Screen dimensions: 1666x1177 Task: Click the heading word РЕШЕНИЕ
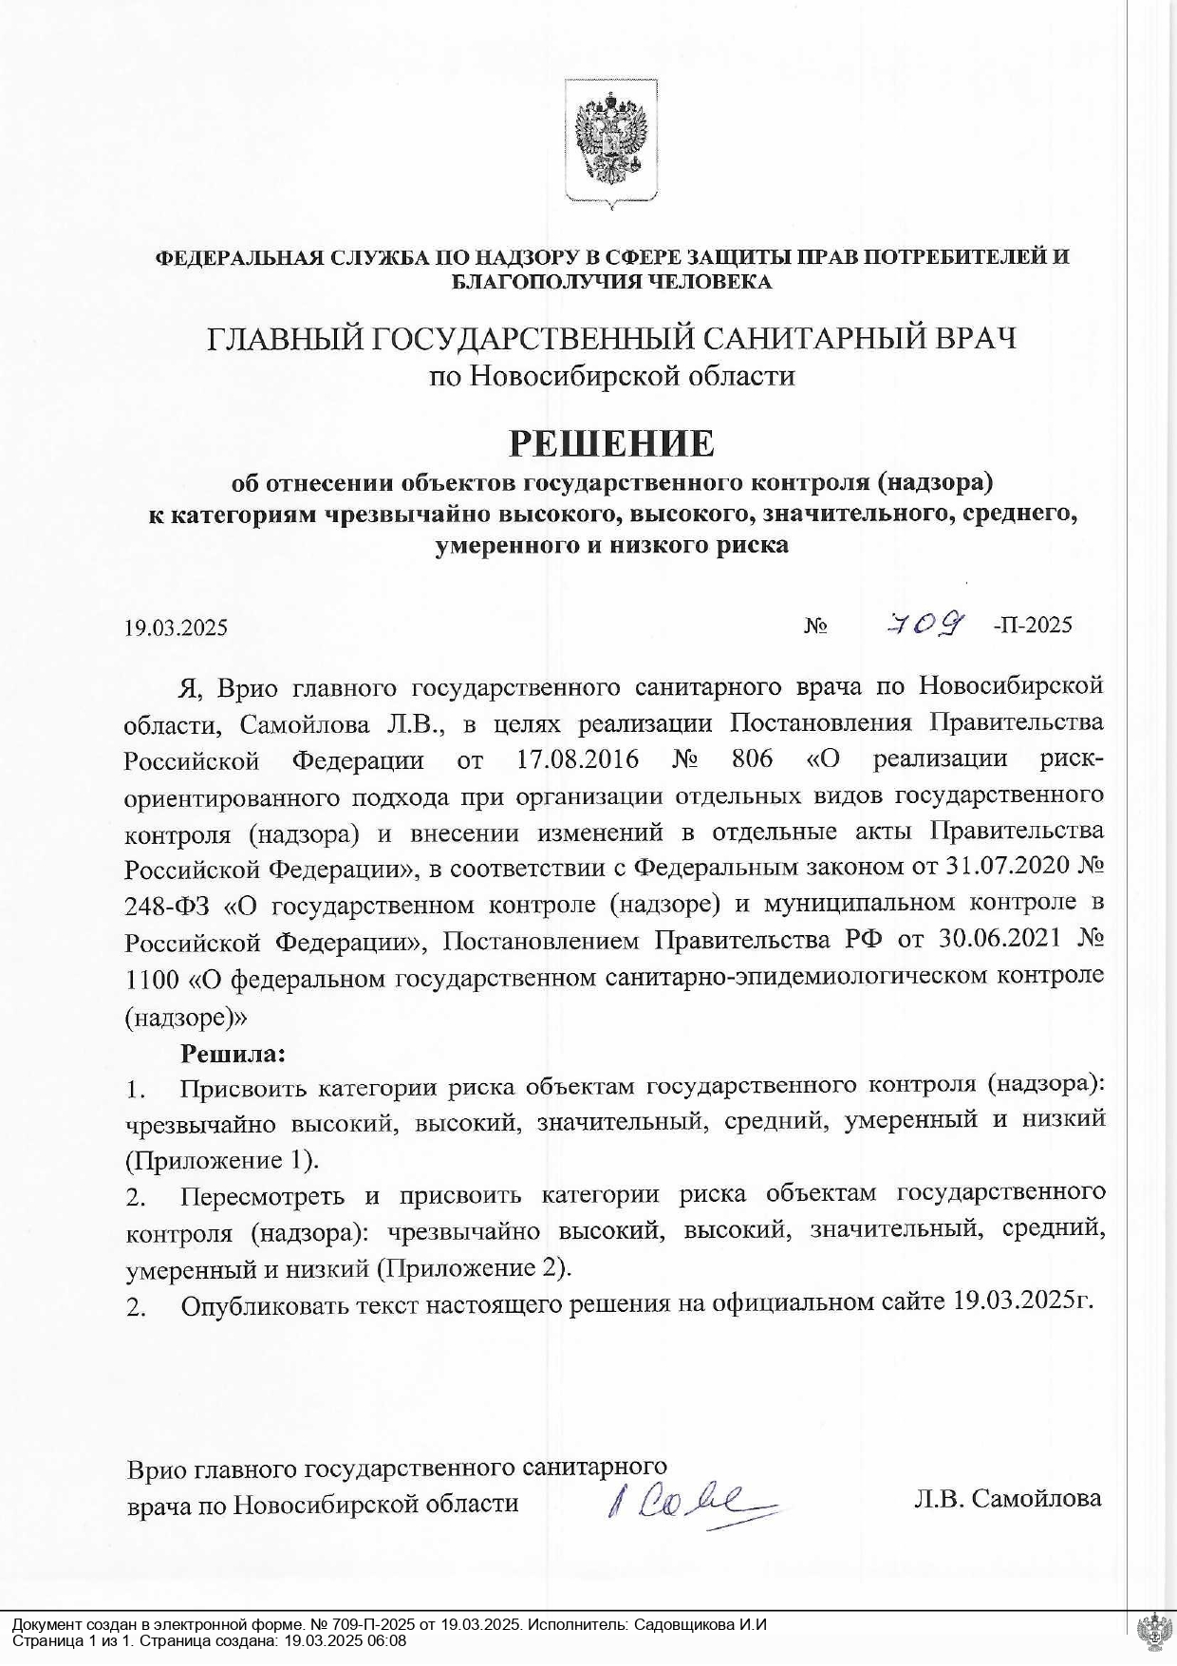612,442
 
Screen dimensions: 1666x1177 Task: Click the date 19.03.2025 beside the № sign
176,627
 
